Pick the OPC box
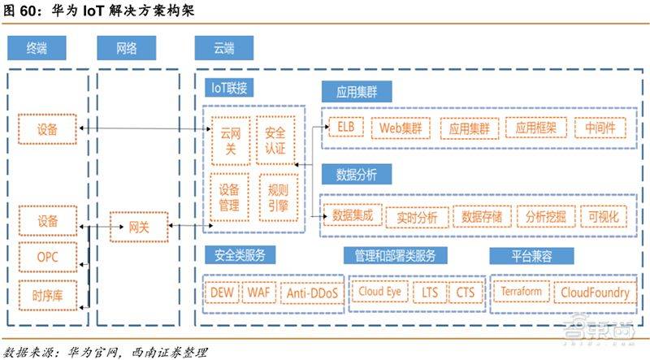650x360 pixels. click(48, 258)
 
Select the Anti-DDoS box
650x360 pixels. click(312, 292)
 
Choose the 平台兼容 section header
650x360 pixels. click(531, 255)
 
